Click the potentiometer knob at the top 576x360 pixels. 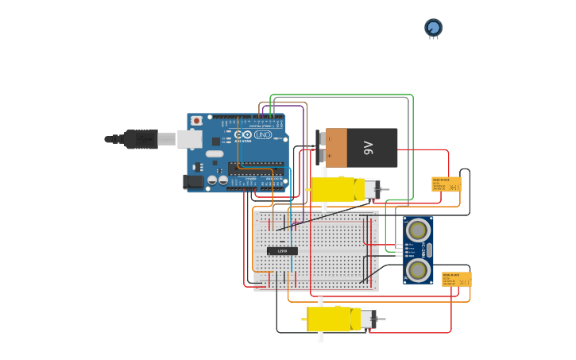pyautogui.click(x=433, y=28)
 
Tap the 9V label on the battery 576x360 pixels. pyautogui.click(x=368, y=148)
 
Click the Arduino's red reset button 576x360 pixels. pyautogui.click(x=196, y=121)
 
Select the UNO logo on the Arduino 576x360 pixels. pyautogui.click(x=262, y=135)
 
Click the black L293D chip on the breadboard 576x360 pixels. pyautogui.click(x=282, y=251)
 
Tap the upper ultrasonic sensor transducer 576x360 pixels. pyautogui.click(x=417, y=230)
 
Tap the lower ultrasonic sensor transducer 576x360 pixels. pyautogui.click(x=417, y=270)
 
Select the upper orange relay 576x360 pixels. pyautogui.click(x=446, y=184)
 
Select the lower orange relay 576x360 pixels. pyautogui.click(x=456, y=279)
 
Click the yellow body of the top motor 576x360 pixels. pyautogui.click(x=337, y=189)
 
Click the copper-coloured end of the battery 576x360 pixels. pyautogui.click(x=336, y=148)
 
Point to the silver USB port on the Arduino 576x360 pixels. pyautogui.click(x=189, y=139)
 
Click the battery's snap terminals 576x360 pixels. pyautogui.click(x=321, y=148)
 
